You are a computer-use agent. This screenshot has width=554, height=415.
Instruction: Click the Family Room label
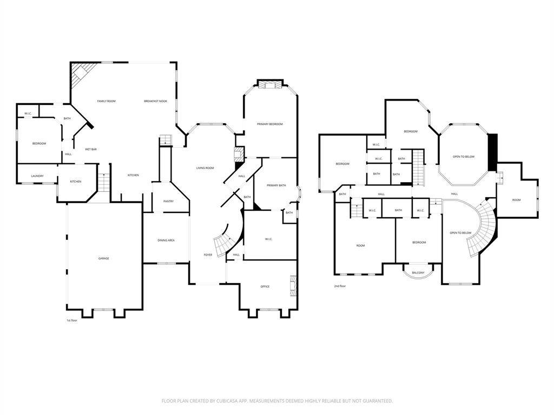pyautogui.click(x=107, y=101)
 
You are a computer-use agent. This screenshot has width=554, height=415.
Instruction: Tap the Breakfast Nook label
pyautogui.click(x=155, y=101)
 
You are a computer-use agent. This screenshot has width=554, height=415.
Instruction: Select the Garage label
pyautogui.click(x=103, y=259)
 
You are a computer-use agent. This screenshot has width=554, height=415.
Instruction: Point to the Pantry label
pyautogui.click(x=169, y=202)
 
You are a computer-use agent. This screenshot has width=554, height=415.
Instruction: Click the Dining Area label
pyautogui.click(x=166, y=240)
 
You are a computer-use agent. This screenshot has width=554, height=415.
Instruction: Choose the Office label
pyautogui.click(x=265, y=286)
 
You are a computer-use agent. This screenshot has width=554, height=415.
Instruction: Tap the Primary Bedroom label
pyautogui.click(x=270, y=124)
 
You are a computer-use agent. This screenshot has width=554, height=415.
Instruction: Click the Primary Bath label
pyautogui.click(x=276, y=186)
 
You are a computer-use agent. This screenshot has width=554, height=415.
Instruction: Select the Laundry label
pyautogui.click(x=37, y=176)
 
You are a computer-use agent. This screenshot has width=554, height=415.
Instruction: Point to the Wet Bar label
pyautogui.click(x=91, y=150)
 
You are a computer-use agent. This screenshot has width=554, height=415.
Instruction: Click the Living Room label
pyautogui.click(x=205, y=169)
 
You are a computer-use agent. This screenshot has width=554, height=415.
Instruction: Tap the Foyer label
pyautogui.click(x=208, y=255)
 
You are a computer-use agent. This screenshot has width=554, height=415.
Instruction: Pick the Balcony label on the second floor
pyautogui.click(x=418, y=273)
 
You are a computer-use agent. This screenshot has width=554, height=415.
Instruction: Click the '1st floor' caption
pyautogui.click(x=72, y=320)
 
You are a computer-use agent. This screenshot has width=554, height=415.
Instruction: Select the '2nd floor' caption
pyautogui.click(x=340, y=286)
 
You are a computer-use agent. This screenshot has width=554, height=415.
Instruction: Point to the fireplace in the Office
pyautogui.click(x=293, y=285)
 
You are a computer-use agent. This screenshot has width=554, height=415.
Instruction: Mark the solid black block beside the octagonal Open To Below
pyautogui.click(x=492, y=152)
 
